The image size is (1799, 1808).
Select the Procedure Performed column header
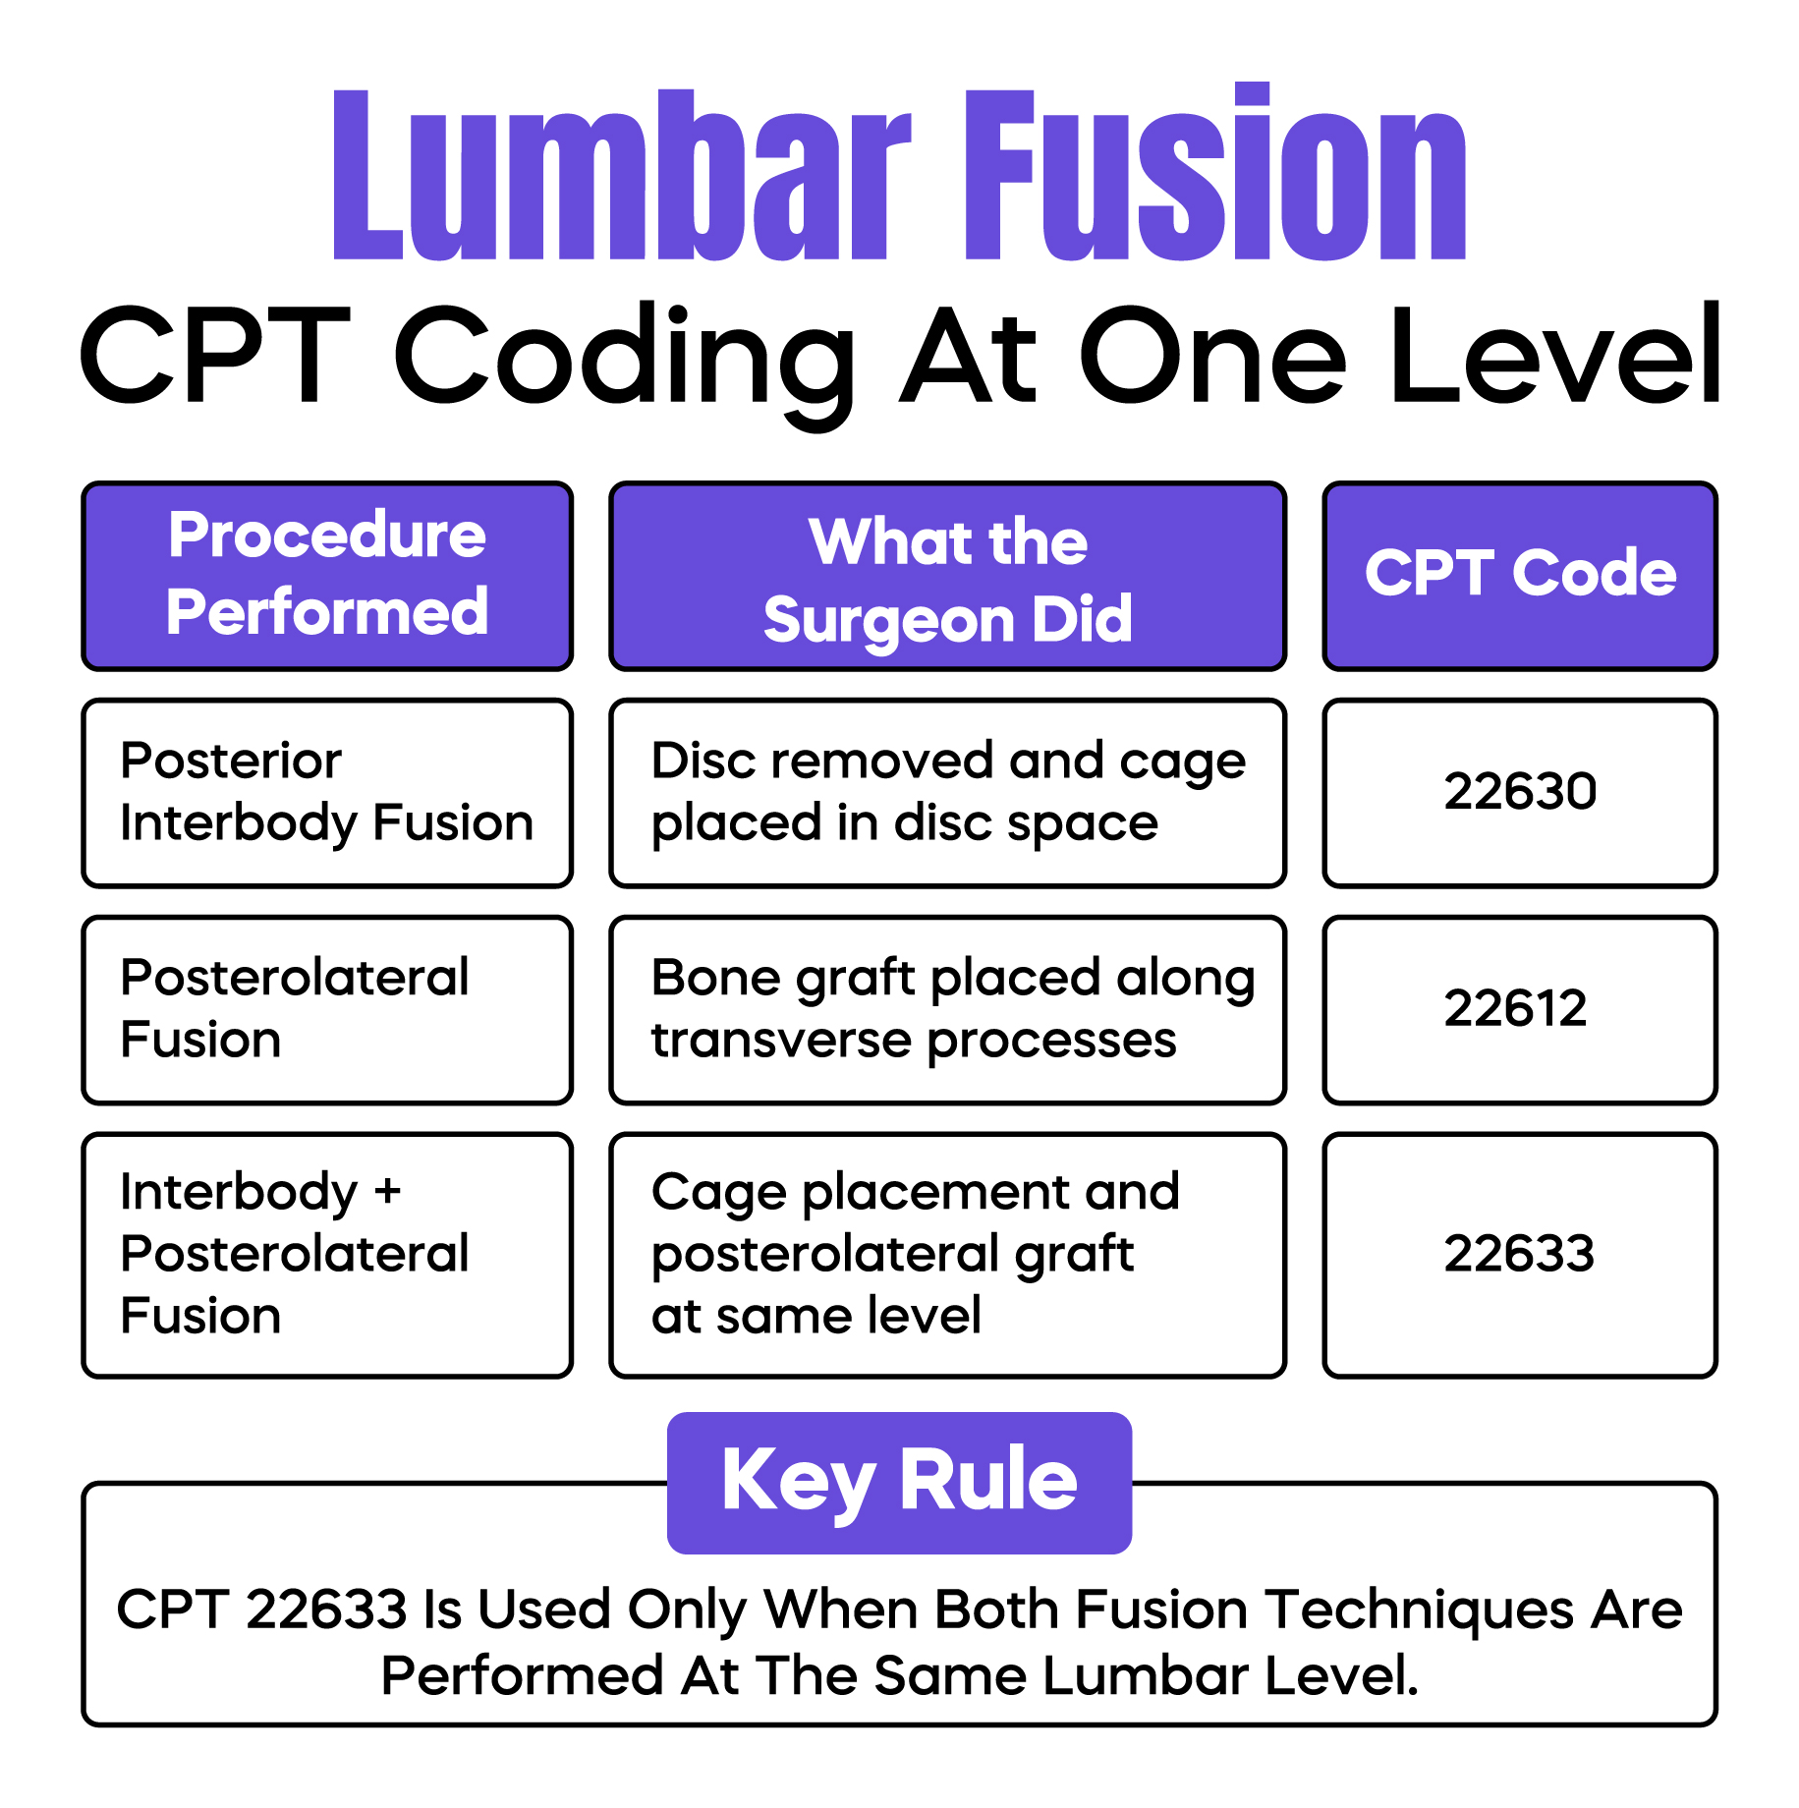327,576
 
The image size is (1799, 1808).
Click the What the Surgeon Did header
947,578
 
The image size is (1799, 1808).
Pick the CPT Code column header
1519,574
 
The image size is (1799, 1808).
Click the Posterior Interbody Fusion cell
326,792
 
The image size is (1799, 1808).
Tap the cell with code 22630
1519,792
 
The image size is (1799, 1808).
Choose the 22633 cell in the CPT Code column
1519,1255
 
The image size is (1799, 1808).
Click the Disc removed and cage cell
947,792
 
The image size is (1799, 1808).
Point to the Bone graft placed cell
947,1009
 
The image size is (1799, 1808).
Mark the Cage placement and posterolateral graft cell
947,1255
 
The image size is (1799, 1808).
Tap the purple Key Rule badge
899,1482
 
